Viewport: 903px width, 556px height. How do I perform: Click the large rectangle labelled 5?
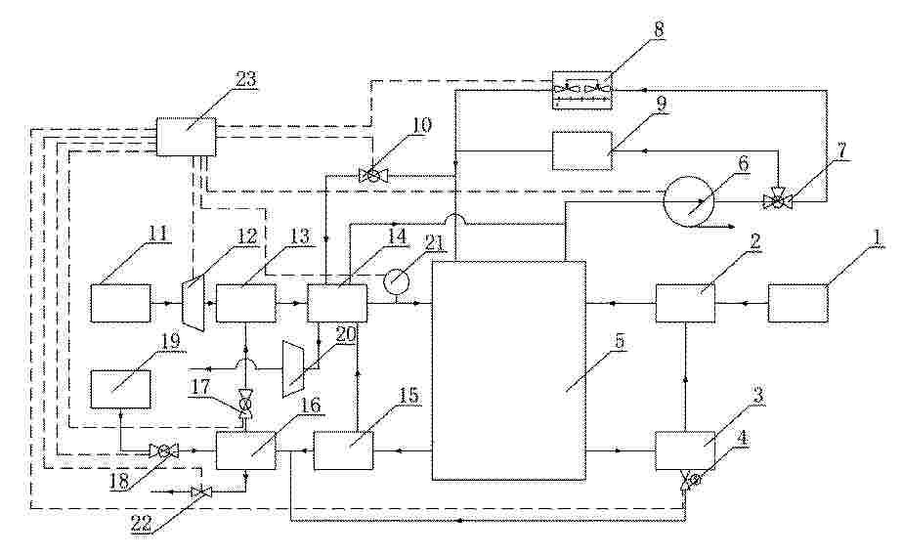pyautogui.click(x=509, y=370)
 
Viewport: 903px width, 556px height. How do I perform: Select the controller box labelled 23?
pyautogui.click(x=187, y=137)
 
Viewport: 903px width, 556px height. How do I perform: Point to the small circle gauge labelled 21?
pyautogui.click(x=396, y=280)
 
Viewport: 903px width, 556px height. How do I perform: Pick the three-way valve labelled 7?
pyautogui.click(x=778, y=200)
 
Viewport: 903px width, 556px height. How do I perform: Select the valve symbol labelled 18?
pyautogui.click(x=163, y=451)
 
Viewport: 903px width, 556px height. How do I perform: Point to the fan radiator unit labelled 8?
pyautogui.click(x=582, y=89)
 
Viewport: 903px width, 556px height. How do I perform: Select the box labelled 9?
pyautogui.click(x=582, y=150)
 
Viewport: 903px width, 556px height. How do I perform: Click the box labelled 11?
pyautogui.click(x=120, y=303)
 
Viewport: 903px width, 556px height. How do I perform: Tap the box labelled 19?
pyautogui.click(x=121, y=390)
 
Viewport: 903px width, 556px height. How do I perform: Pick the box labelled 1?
pyautogui.click(x=798, y=303)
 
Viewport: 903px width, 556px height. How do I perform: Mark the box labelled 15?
pyautogui.click(x=343, y=450)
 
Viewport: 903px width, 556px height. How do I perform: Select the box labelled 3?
pyautogui.click(x=685, y=450)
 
